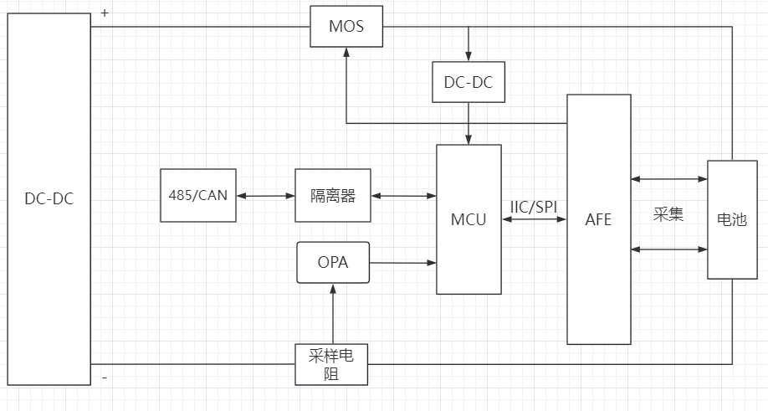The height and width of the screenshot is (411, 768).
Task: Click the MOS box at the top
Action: (346, 27)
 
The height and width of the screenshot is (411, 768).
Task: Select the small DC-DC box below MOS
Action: (468, 81)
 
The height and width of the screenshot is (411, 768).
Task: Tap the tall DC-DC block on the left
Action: (49, 199)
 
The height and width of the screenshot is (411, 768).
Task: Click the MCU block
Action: (468, 219)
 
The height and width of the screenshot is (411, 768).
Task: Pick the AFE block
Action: (599, 219)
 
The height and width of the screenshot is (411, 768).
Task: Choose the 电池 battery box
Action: (732, 219)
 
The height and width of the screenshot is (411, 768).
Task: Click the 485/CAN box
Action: (197, 195)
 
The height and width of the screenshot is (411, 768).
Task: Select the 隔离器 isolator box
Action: (333, 195)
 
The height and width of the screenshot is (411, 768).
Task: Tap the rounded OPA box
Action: (333, 262)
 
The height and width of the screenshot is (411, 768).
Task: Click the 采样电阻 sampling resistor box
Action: (332, 364)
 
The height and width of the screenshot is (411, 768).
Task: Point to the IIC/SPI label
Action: (534, 206)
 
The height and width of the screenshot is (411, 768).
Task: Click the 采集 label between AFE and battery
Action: (668, 214)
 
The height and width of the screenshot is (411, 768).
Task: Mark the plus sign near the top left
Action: (105, 13)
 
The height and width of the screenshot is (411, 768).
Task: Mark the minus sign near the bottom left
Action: (105, 378)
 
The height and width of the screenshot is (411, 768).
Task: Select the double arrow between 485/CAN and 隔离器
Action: (265, 196)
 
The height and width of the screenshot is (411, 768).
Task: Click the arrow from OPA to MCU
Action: (402, 263)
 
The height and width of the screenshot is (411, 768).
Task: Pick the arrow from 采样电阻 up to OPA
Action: (333, 313)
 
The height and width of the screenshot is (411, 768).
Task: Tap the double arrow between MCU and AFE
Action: (534, 220)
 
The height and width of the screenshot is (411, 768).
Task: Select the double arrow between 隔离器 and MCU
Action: (403, 196)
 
